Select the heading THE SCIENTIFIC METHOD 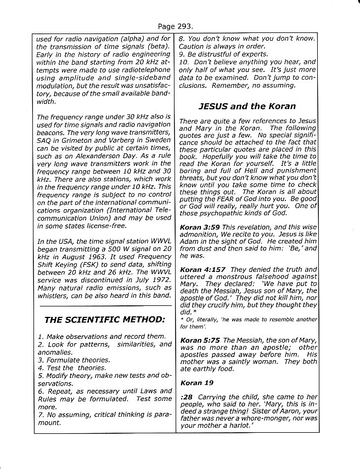pyautogui.click(x=104, y=320)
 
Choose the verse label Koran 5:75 pyautogui.click(x=200, y=340)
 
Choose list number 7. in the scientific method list pyautogui.click(x=41, y=415)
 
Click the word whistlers pyautogui.click(x=53, y=296)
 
